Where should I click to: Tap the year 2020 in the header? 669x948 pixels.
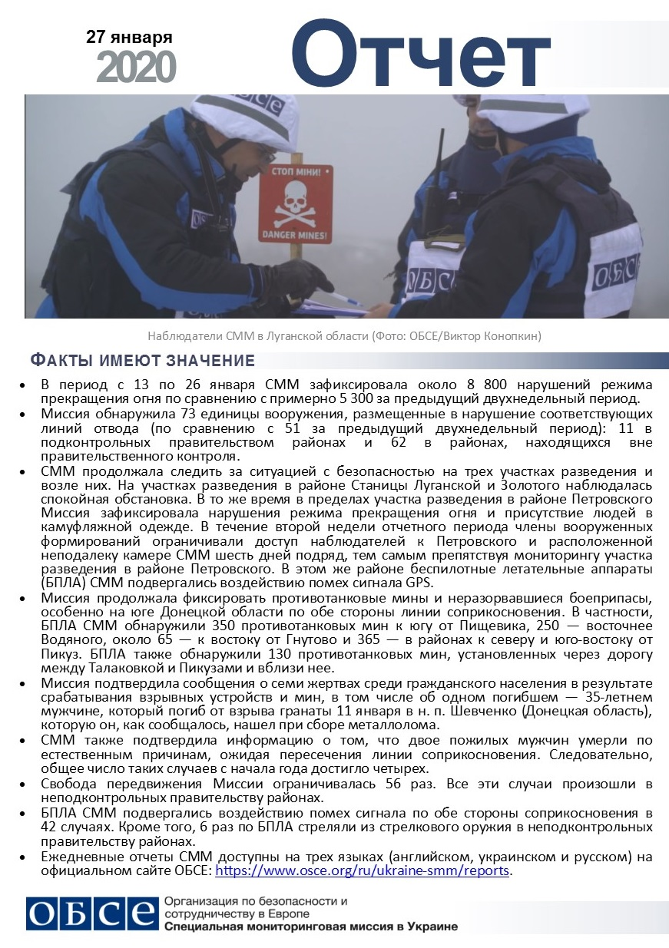(x=137, y=68)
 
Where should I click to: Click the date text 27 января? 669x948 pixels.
(x=129, y=37)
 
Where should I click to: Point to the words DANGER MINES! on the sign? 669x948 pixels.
(x=295, y=233)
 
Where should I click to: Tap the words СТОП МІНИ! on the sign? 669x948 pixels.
(x=295, y=175)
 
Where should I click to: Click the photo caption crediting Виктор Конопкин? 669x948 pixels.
(x=345, y=335)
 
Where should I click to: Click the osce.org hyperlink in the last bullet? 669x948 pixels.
(x=363, y=871)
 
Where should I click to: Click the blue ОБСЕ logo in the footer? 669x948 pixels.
(x=90, y=913)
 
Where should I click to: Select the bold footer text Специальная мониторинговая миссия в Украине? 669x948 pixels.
(x=311, y=927)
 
